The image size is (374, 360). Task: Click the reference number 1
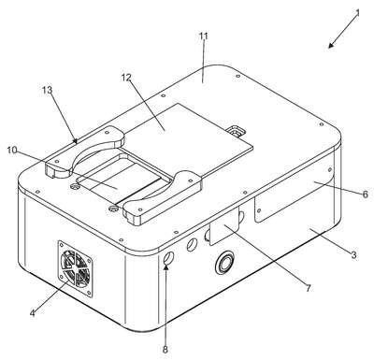coord(358,13)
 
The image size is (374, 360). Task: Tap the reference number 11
coord(204,36)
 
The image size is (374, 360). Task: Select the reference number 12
coord(126,78)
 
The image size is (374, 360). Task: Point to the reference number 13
coord(47,90)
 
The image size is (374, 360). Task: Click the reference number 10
coord(12,150)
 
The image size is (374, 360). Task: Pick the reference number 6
coord(366,194)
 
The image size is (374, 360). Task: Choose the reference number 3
coord(353,254)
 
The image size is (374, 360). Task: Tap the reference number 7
coord(308,289)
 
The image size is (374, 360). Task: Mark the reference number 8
coord(165,350)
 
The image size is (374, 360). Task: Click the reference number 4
coord(32,313)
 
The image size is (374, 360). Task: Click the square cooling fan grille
coord(75,268)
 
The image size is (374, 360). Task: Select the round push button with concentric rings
coord(224,262)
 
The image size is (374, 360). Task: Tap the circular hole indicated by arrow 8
coord(168,259)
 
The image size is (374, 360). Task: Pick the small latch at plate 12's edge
coord(237,132)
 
